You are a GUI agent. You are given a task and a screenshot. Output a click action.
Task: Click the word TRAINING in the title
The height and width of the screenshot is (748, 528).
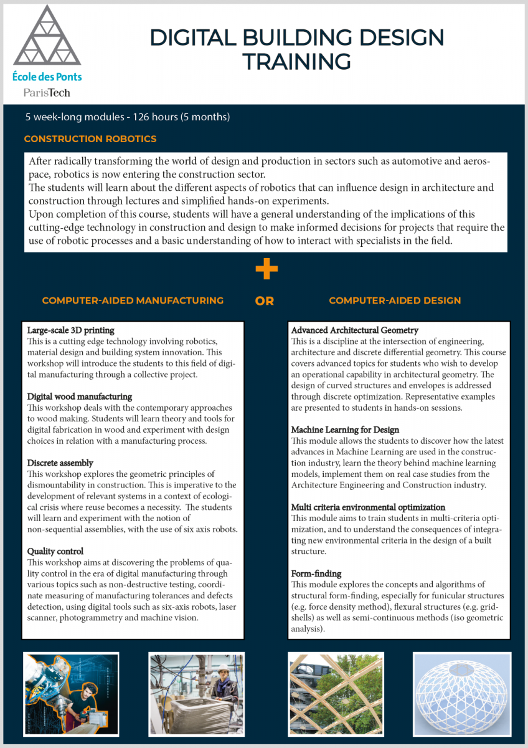tap(296, 62)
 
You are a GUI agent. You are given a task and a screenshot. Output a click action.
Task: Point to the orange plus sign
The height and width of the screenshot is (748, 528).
tap(266, 269)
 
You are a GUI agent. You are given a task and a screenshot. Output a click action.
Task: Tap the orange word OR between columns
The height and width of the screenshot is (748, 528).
tap(265, 301)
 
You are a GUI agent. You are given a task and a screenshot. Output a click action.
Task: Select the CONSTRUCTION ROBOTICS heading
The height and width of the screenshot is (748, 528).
tap(90, 139)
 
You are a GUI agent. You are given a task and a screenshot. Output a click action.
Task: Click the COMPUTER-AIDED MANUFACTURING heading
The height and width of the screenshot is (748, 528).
tap(133, 300)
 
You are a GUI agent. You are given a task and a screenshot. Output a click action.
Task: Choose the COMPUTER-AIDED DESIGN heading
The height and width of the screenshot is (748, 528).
tap(395, 300)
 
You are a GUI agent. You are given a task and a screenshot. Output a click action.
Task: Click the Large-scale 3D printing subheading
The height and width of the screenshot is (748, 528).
tap(71, 330)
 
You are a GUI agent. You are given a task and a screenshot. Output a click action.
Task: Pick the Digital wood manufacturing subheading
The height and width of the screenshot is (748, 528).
tap(80, 396)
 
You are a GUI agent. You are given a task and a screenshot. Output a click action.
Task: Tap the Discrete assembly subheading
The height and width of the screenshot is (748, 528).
tap(60, 463)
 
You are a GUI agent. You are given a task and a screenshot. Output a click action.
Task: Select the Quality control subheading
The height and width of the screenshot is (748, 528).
tap(56, 552)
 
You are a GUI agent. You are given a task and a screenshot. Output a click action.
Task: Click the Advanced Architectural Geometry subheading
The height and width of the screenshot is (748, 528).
tap(355, 330)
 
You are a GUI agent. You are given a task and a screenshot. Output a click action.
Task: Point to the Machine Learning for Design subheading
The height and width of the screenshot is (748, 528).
tap(346, 429)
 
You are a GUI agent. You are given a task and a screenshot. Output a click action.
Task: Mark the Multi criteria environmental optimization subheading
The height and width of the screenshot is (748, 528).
tap(368, 507)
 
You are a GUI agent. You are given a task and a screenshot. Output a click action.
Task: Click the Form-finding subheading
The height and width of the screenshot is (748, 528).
tap(316, 573)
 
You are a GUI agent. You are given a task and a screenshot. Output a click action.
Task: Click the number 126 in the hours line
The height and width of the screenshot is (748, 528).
tap(137, 117)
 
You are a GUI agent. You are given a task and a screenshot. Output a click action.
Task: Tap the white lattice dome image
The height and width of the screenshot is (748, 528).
tap(462, 693)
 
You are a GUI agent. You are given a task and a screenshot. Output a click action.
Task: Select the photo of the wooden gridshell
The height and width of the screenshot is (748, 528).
tap(336, 693)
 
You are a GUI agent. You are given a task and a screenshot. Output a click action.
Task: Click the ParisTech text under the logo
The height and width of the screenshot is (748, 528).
tap(47, 92)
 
